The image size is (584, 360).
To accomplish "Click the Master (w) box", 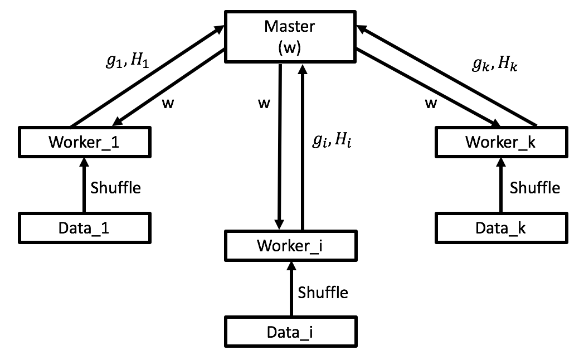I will click(290, 37).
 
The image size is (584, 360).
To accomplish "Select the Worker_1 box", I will click(84, 142).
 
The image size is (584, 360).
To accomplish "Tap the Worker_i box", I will click(290, 246).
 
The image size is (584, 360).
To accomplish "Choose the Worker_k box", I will click(500, 142).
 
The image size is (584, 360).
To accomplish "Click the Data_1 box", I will click(84, 227).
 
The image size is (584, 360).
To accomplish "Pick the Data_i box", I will click(290, 332).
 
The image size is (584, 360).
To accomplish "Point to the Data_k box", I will click(500, 227).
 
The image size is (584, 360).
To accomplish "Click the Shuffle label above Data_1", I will click(115, 187).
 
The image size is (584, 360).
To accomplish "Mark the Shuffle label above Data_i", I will click(323, 292).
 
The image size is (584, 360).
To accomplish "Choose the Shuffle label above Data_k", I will click(534, 187).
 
